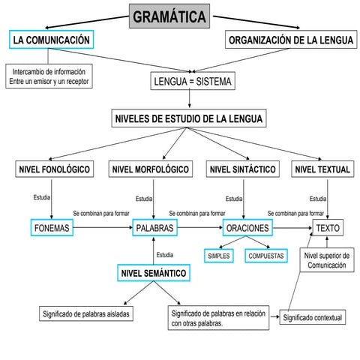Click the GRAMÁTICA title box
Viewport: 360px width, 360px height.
(169, 16)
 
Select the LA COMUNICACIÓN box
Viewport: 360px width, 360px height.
(52, 40)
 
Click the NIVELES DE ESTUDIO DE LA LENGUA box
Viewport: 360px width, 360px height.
(189, 119)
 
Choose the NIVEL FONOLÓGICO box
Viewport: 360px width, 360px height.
(54, 170)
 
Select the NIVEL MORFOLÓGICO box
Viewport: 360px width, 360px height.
(150, 170)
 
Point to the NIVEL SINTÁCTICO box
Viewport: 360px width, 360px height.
(244, 170)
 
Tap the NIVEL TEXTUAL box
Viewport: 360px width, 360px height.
(322, 170)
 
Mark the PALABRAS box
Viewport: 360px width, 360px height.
(154, 227)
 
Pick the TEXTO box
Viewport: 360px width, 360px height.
(328, 227)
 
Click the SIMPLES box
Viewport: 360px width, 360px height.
(220, 256)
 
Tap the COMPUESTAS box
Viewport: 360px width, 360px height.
(266, 256)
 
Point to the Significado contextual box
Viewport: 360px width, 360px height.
(313, 318)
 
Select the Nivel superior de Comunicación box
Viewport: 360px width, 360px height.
(326, 261)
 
